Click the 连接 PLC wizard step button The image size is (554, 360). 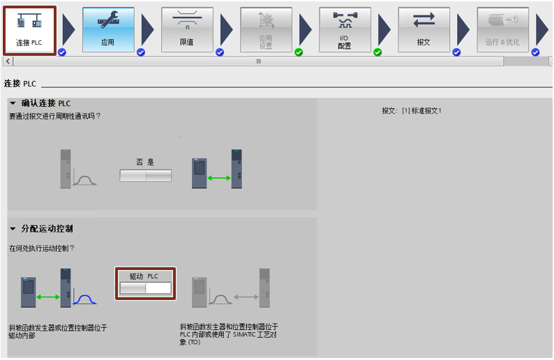(x=30, y=31)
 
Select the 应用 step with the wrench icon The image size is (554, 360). (x=108, y=30)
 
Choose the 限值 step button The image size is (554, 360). (x=187, y=30)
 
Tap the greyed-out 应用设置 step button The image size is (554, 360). (x=266, y=30)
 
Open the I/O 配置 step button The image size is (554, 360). (x=345, y=30)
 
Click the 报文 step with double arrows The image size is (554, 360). (x=424, y=30)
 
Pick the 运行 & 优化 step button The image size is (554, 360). (x=503, y=30)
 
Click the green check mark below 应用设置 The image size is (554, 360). (x=299, y=52)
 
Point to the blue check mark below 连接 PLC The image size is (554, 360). (x=62, y=52)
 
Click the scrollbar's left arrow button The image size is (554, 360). (x=8, y=61)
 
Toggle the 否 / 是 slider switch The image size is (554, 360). (x=146, y=176)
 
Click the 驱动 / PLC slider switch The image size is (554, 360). (x=146, y=288)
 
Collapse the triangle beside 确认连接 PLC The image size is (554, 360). (x=13, y=103)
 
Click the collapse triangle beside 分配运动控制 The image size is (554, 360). (x=13, y=229)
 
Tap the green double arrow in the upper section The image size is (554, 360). (x=219, y=178)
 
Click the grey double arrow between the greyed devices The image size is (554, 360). (x=246, y=297)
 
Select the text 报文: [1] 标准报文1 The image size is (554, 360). (x=412, y=111)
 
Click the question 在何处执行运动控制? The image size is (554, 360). (x=42, y=248)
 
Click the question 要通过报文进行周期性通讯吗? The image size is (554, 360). (x=54, y=116)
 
